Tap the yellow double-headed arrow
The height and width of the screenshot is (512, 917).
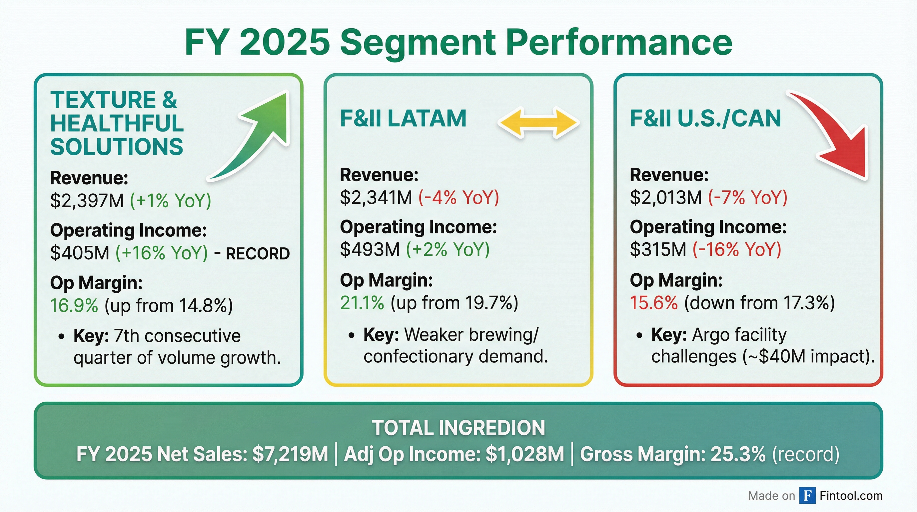538,123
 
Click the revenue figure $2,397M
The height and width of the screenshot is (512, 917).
87,200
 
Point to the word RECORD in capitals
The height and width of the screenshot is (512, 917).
258,254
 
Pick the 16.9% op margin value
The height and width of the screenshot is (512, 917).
74,305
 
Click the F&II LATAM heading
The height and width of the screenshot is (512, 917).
403,118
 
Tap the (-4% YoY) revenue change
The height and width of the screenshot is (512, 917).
458,197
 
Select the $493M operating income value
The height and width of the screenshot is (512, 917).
370,249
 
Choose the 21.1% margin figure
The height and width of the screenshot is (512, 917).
362,303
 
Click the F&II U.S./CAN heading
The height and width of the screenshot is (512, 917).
705,118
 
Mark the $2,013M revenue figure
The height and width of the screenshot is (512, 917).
666,197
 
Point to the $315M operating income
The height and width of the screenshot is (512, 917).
658,249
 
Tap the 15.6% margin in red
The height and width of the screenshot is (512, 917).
653,303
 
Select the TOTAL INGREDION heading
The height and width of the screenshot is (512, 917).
458,428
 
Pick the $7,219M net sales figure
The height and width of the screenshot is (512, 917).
290,454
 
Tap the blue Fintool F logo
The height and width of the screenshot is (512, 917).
807,496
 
